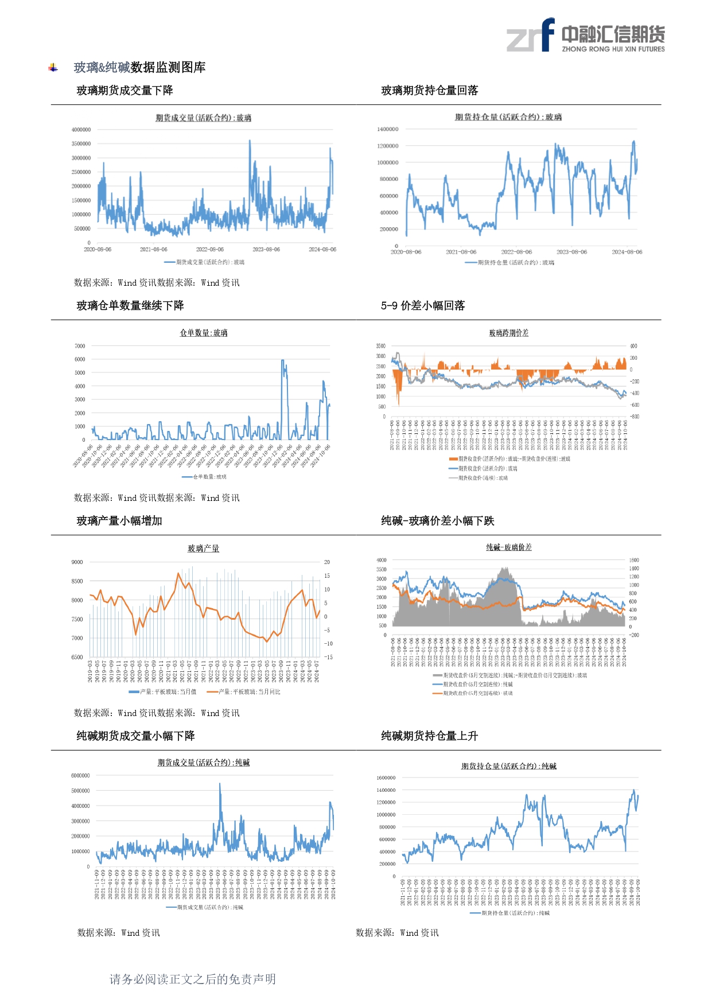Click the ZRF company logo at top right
585,36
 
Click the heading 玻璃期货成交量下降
124,91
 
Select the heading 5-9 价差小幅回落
423,306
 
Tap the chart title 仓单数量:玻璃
204,333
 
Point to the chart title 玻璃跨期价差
508,333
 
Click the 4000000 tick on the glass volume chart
81,130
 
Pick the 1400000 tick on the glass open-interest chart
387,129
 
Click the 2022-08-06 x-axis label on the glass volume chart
210,250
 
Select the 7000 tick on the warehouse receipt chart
80,346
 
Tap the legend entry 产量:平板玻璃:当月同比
250,692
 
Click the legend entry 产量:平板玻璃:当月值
168,692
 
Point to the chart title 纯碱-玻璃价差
508,547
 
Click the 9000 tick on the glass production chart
77,562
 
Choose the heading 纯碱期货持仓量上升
429,736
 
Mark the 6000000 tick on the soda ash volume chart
80,776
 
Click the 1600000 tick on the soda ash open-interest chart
386,778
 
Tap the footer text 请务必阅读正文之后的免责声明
193,979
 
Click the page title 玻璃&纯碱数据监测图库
139,68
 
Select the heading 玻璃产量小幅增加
119,521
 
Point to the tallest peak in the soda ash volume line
220,784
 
